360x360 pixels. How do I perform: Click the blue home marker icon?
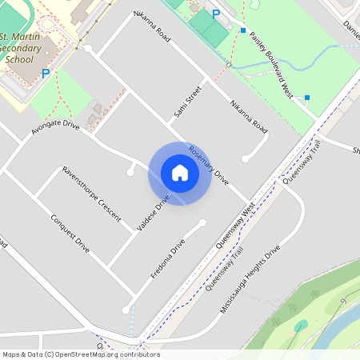point(180,173)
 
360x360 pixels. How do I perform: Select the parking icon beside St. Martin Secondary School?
point(46,73)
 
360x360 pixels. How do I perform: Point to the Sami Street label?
point(186,107)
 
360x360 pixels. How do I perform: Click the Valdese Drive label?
point(154,214)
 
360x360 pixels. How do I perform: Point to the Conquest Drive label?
point(70,234)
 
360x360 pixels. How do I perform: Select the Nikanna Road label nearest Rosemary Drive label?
point(249,116)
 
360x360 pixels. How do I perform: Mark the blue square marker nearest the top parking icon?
point(243,30)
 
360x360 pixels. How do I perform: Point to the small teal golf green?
point(301,326)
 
